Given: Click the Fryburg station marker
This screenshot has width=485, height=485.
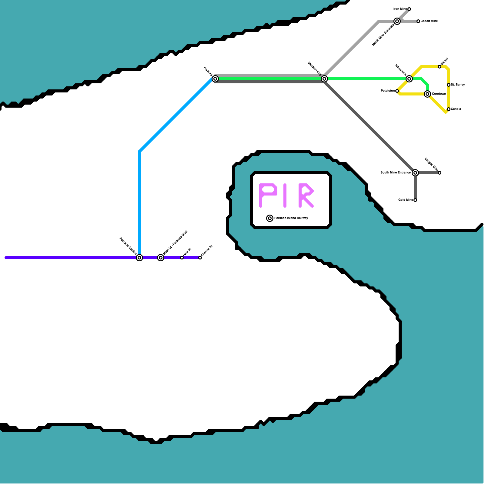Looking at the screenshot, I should click(x=215, y=79).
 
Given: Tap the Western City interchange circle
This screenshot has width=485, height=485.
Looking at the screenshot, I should click(x=324, y=79).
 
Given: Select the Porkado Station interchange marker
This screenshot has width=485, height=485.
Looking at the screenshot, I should click(x=139, y=258).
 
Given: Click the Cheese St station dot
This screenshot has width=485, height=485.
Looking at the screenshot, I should click(x=200, y=258).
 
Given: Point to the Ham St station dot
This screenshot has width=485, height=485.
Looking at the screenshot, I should click(x=182, y=258).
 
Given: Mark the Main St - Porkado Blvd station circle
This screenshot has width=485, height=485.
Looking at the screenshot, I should click(x=161, y=258).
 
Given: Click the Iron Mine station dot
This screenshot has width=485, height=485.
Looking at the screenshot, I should click(x=409, y=9).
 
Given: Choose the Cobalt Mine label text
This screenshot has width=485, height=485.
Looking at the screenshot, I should click(x=429, y=21).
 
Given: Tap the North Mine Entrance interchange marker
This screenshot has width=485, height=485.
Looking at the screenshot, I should click(x=397, y=21).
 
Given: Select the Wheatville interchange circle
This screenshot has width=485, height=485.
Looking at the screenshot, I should click(x=409, y=79).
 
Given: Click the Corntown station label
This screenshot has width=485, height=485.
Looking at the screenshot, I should click(x=439, y=94).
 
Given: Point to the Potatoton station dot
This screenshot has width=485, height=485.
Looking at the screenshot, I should click(x=397, y=91).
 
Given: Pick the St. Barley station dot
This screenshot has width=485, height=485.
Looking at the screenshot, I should click(x=449, y=85).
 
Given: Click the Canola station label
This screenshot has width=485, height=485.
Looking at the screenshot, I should click(x=456, y=109).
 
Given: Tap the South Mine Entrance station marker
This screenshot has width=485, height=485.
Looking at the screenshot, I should click(x=415, y=173).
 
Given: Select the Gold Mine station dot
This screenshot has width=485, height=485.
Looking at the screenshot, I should click(x=415, y=200).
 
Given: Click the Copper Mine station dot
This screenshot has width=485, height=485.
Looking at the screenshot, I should click(x=440, y=173).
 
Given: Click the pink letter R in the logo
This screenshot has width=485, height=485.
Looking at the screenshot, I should click(x=306, y=196).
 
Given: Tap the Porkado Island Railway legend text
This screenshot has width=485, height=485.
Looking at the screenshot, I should click(x=291, y=218).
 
